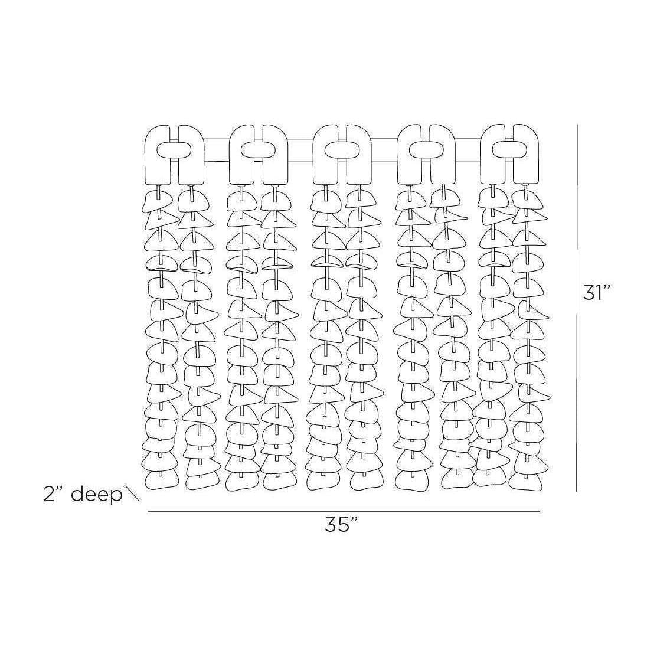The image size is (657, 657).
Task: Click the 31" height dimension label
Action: point(598,293)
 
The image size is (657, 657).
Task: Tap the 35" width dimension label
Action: point(342,524)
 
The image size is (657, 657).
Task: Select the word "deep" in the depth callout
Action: point(96,495)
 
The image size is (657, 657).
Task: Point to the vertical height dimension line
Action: point(577,308)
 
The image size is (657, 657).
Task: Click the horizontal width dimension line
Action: point(344,512)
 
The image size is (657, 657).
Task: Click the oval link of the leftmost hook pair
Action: point(174,150)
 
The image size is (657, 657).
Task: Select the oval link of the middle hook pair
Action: point(342,150)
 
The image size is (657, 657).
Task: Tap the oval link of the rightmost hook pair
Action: point(509,150)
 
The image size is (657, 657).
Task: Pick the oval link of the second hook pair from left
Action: point(259,150)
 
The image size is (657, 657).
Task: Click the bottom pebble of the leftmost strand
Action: point(161,480)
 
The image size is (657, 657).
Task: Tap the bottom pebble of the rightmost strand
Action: point(527,481)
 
